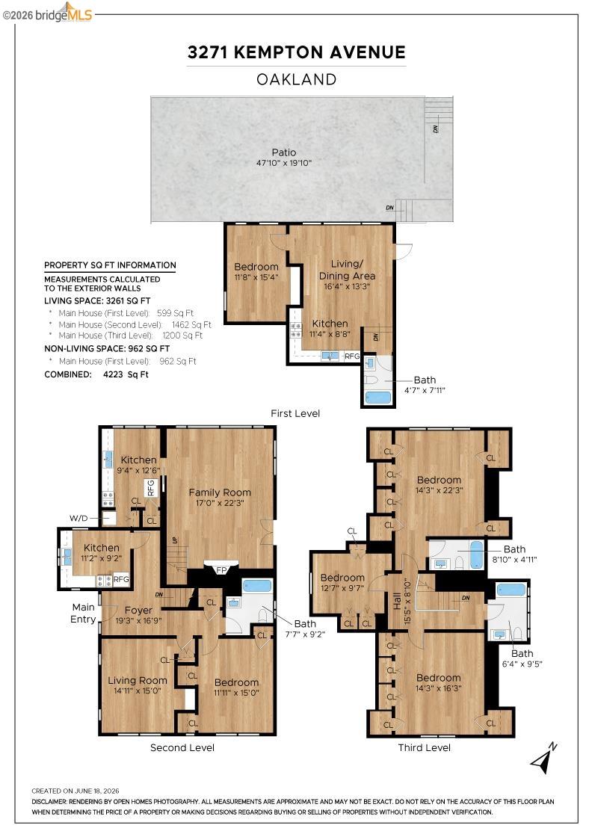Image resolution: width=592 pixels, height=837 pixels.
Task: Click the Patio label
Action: click(283, 152)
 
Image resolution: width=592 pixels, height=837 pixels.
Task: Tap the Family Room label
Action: click(220, 492)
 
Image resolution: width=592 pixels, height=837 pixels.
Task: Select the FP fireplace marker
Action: click(221, 570)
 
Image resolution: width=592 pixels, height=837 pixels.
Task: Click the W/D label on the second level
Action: click(78, 518)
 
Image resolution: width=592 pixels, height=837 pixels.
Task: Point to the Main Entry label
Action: click(83, 613)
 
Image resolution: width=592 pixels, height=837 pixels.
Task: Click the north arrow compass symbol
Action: click(543, 758)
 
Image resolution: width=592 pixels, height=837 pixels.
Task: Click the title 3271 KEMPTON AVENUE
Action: click(296, 52)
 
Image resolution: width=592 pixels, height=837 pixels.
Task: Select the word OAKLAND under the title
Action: click(296, 79)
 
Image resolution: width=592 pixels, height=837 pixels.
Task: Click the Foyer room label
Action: click(138, 610)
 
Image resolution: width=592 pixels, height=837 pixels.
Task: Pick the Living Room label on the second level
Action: click(138, 680)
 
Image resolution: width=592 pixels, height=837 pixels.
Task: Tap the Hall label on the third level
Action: click(397, 602)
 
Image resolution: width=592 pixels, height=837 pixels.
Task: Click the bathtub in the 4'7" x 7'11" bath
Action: click(378, 398)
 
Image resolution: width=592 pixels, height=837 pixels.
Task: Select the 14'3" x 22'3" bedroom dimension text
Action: click(439, 490)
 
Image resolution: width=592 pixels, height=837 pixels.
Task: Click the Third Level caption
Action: click(425, 747)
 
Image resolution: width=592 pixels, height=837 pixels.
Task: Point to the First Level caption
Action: click(295, 413)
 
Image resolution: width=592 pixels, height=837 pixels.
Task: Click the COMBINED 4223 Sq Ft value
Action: click(126, 374)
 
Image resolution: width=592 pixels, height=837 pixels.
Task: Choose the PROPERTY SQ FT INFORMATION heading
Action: click(110, 265)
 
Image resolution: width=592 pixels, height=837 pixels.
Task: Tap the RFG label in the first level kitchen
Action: click(352, 356)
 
